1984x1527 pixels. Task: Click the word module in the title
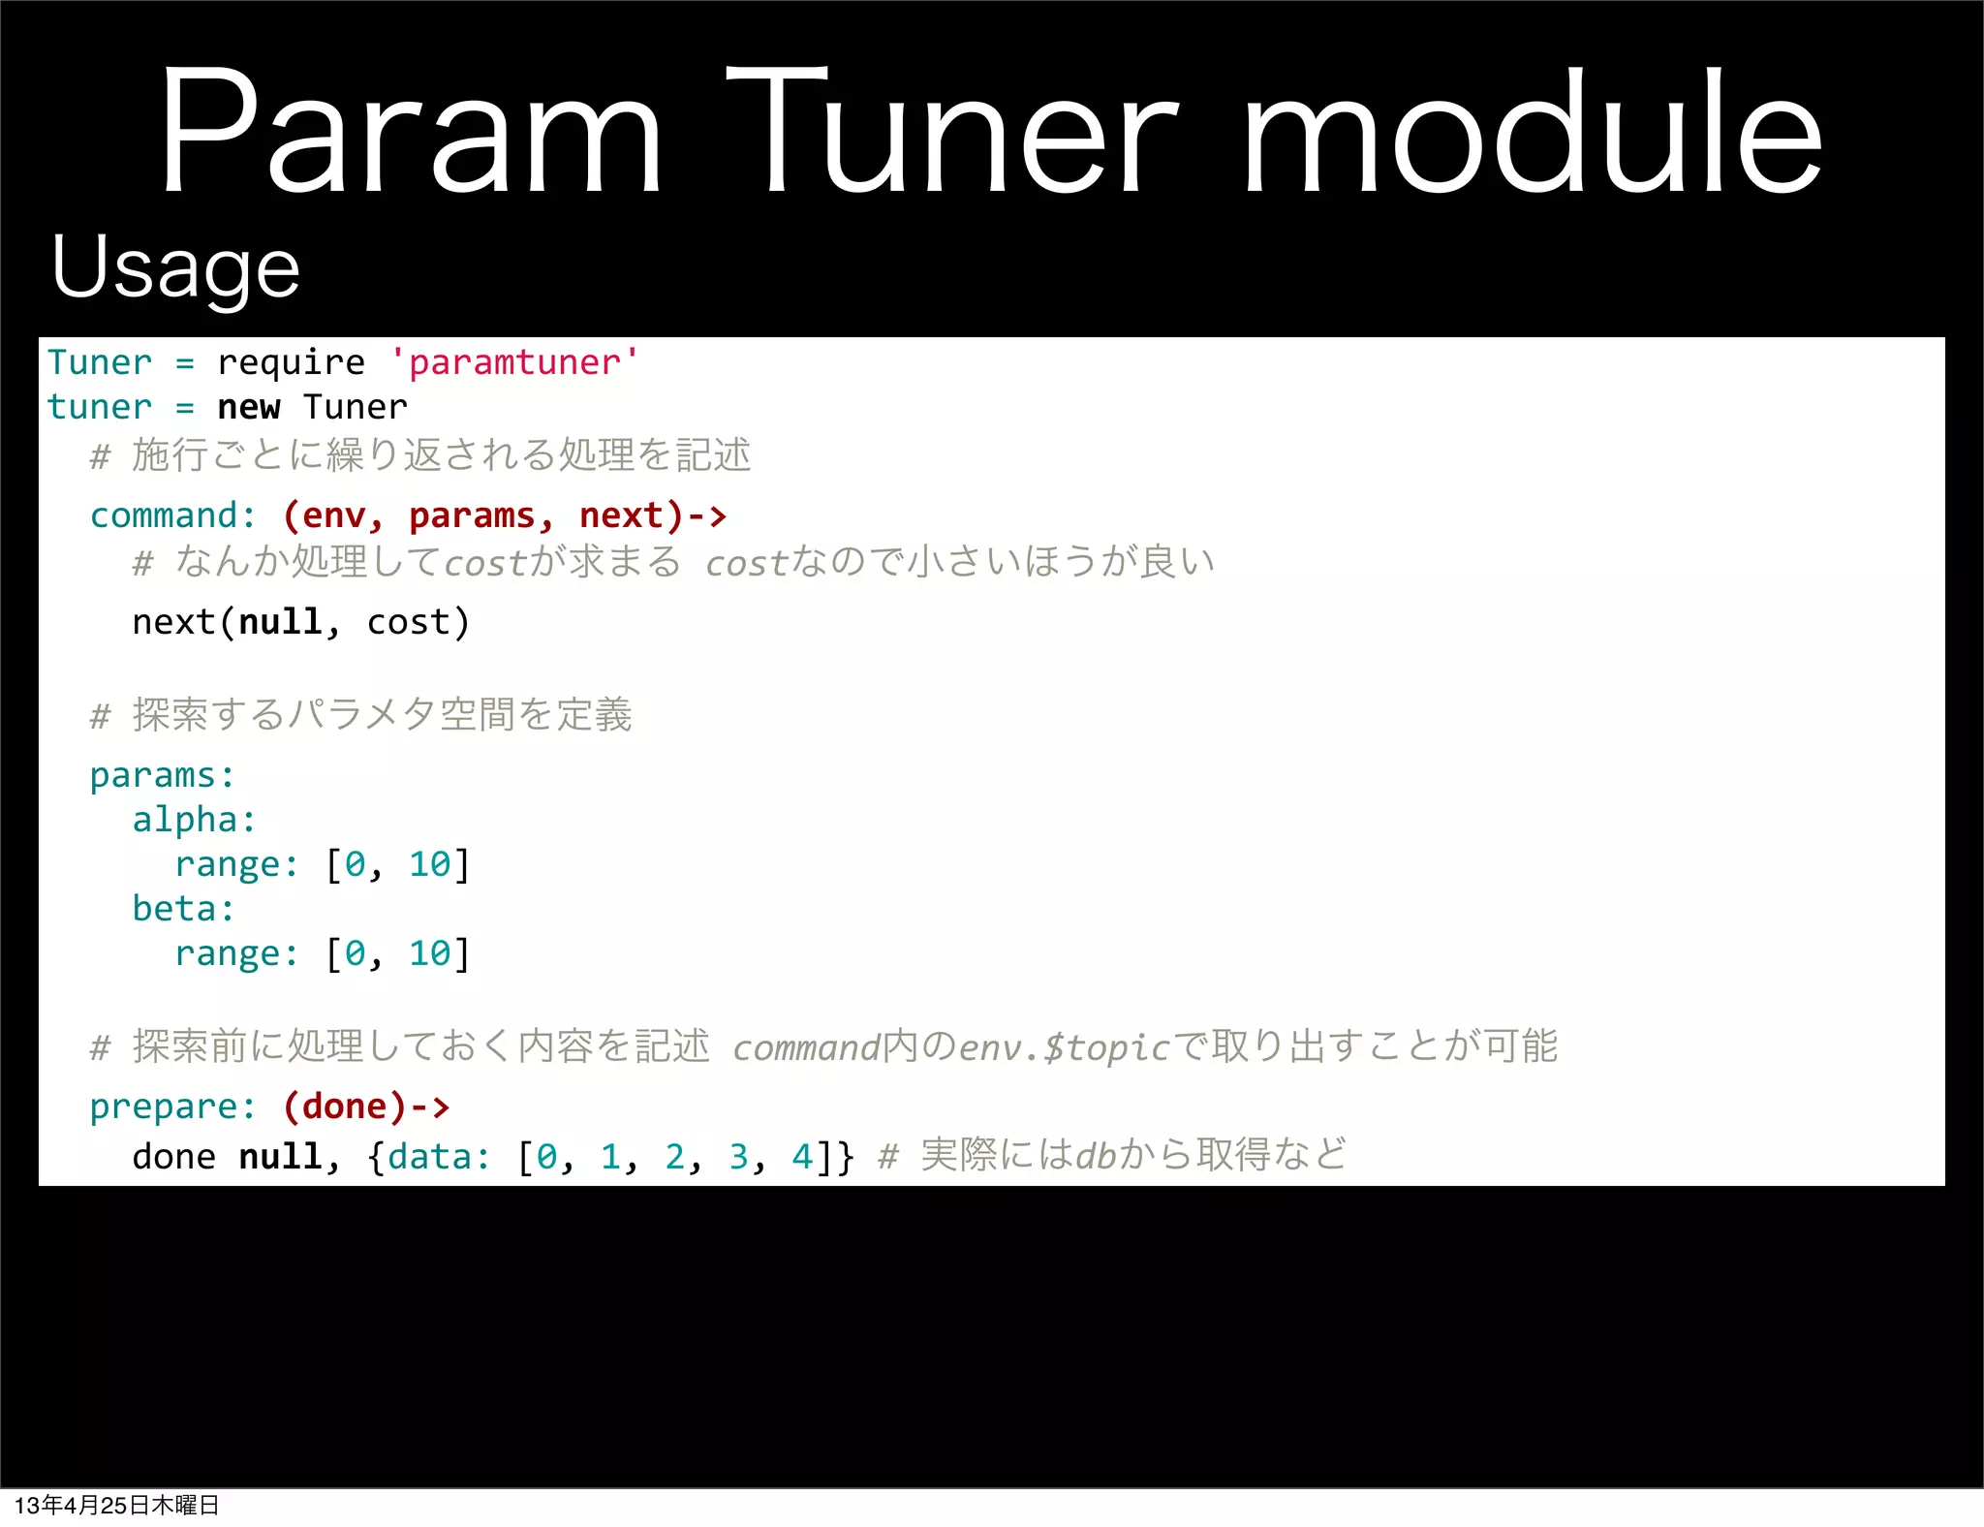tap(1532, 131)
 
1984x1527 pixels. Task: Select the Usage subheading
tap(175, 267)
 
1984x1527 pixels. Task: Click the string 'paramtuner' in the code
tap(513, 362)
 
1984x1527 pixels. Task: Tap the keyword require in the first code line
tap(291, 362)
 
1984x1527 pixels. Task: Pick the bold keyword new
tap(248, 407)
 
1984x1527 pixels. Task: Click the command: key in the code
tap(172, 515)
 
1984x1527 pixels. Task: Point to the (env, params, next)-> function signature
tap(504, 515)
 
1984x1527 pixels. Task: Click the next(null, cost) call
tap(300, 622)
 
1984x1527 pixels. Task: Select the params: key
tap(162, 775)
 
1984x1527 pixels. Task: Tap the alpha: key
tap(194, 820)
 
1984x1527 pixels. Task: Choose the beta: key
tap(183, 909)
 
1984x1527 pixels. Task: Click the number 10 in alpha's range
tap(429, 864)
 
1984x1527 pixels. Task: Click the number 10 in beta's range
tap(429, 953)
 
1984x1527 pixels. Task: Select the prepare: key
tap(172, 1106)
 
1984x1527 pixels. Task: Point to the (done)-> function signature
tap(365, 1106)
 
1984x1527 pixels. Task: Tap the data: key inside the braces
tap(439, 1157)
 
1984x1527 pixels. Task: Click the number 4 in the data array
tap(802, 1157)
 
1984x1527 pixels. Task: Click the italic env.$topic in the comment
tap(1064, 1047)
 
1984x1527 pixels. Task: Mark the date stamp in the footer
tap(116, 1505)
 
